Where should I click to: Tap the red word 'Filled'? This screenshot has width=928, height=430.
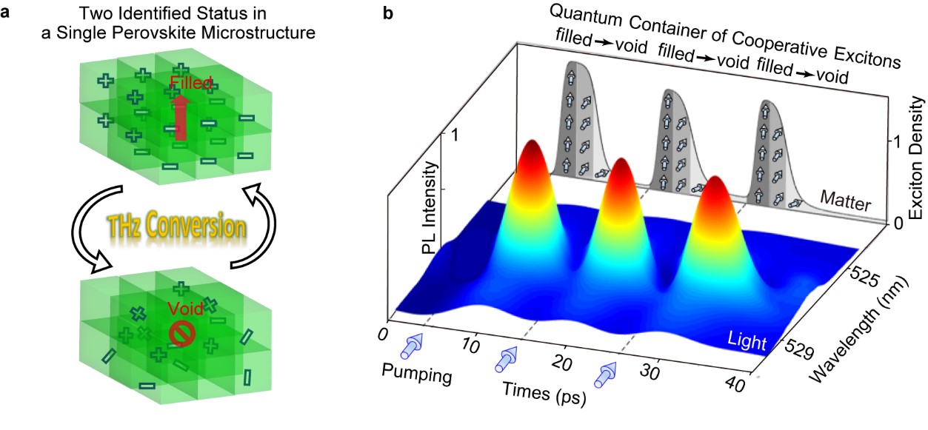coord(191,83)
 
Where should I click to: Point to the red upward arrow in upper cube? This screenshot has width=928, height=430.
coord(179,115)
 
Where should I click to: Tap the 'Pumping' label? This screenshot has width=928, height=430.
coord(415,374)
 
